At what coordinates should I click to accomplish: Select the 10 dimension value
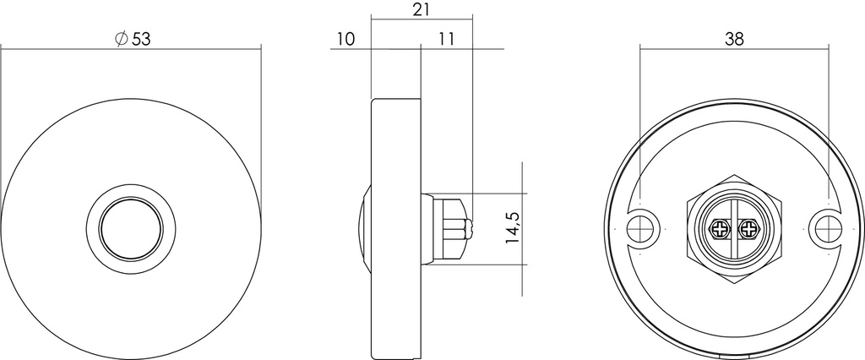click(345, 39)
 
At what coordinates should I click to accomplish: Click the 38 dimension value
click(734, 38)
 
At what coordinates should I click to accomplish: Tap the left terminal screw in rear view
click(721, 229)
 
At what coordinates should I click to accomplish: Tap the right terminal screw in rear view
click(748, 229)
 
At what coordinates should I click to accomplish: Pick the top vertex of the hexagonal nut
click(734, 173)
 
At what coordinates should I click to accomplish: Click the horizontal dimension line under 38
click(734, 50)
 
